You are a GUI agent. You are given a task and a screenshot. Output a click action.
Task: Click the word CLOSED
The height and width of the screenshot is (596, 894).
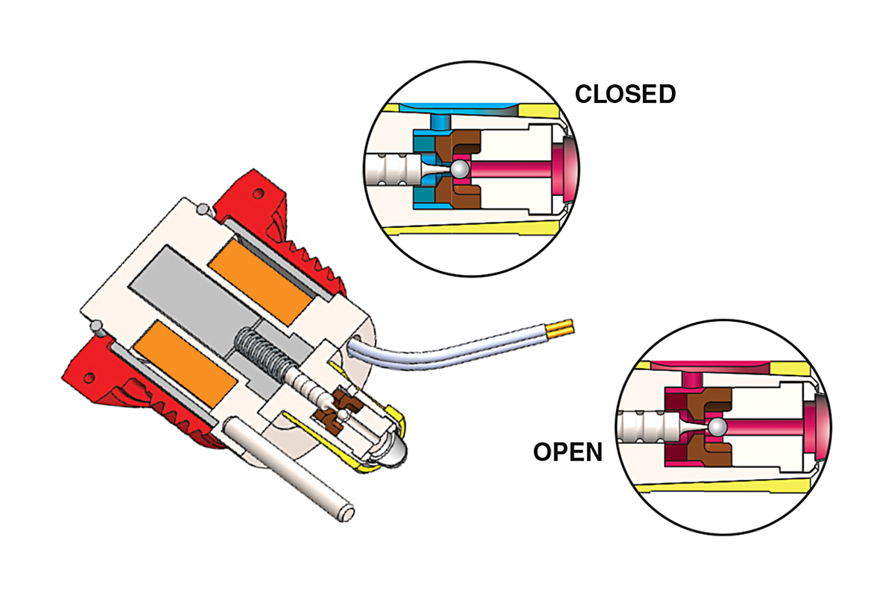pos(625,95)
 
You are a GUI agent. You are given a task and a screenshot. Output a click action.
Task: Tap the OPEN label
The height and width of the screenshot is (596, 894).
pos(567,451)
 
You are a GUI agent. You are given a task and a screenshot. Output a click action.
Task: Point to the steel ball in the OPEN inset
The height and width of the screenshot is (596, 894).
pos(717,427)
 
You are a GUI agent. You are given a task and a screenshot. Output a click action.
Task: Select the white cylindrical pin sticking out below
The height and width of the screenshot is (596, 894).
pos(290,469)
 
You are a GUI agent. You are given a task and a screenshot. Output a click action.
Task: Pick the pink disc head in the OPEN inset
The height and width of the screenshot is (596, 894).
pos(817,425)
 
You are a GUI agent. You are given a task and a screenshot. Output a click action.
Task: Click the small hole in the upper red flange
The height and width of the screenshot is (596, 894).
pos(258,194)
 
